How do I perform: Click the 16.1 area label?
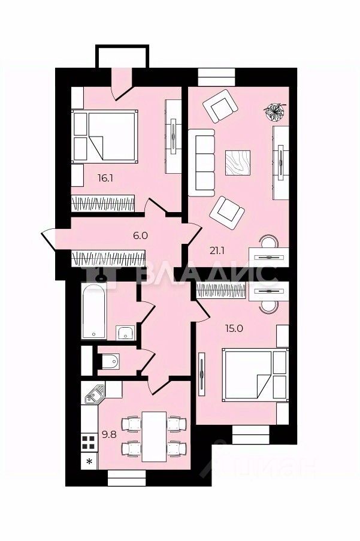[x=105, y=179]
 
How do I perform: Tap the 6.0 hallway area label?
[x=140, y=235]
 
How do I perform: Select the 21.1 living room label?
[x=217, y=251]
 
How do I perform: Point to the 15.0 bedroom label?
[x=234, y=328]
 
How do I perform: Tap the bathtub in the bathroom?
[x=94, y=311]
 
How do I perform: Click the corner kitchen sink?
[x=95, y=394]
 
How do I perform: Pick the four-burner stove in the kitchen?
[x=89, y=443]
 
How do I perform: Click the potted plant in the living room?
[x=274, y=112]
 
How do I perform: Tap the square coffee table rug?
[x=238, y=163]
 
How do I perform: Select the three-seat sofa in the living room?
[x=201, y=163]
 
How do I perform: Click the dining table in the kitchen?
[x=154, y=437]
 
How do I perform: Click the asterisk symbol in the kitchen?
[x=89, y=461]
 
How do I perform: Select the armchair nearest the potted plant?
[x=220, y=106]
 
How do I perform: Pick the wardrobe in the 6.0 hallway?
[x=108, y=259]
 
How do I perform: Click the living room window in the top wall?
[x=217, y=77]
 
